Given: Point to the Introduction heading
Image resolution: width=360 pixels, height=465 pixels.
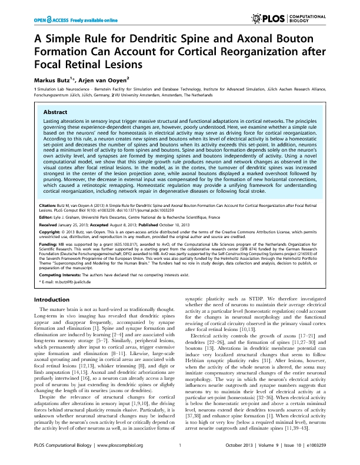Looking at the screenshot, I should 54,299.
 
